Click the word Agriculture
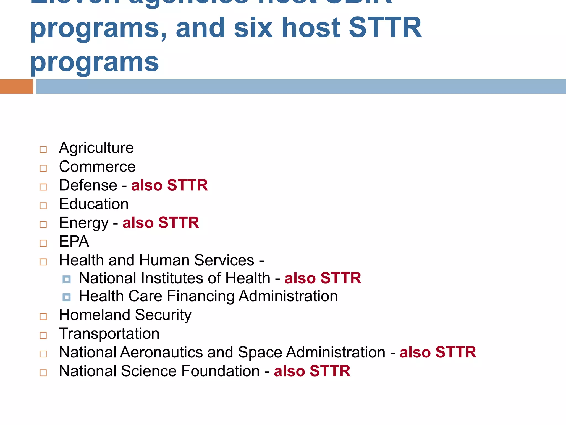pyautogui.click(x=96, y=148)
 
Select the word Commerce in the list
pyautogui.click(x=97, y=167)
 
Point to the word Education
pyautogui.click(x=94, y=204)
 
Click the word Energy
pyautogui.click(x=84, y=223)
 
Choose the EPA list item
pyautogui.click(x=74, y=241)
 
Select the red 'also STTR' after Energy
pyautogui.click(x=161, y=223)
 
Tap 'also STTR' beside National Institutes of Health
pyautogui.click(x=323, y=278)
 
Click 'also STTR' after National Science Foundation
pyautogui.click(x=312, y=371)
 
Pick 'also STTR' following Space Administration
pyautogui.click(x=438, y=352)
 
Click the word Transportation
pyautogui.click(x=109, y=334)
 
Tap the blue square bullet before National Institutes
pyautogui.click(x=67, y=279)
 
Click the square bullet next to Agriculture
pyautogui.click(x=43, y=150)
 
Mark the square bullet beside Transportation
pyautogui.click(x=43, y=335)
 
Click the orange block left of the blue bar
pyautogui.click(x=16, y=86)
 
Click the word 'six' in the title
pyautogui.click(x=253, y=28)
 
